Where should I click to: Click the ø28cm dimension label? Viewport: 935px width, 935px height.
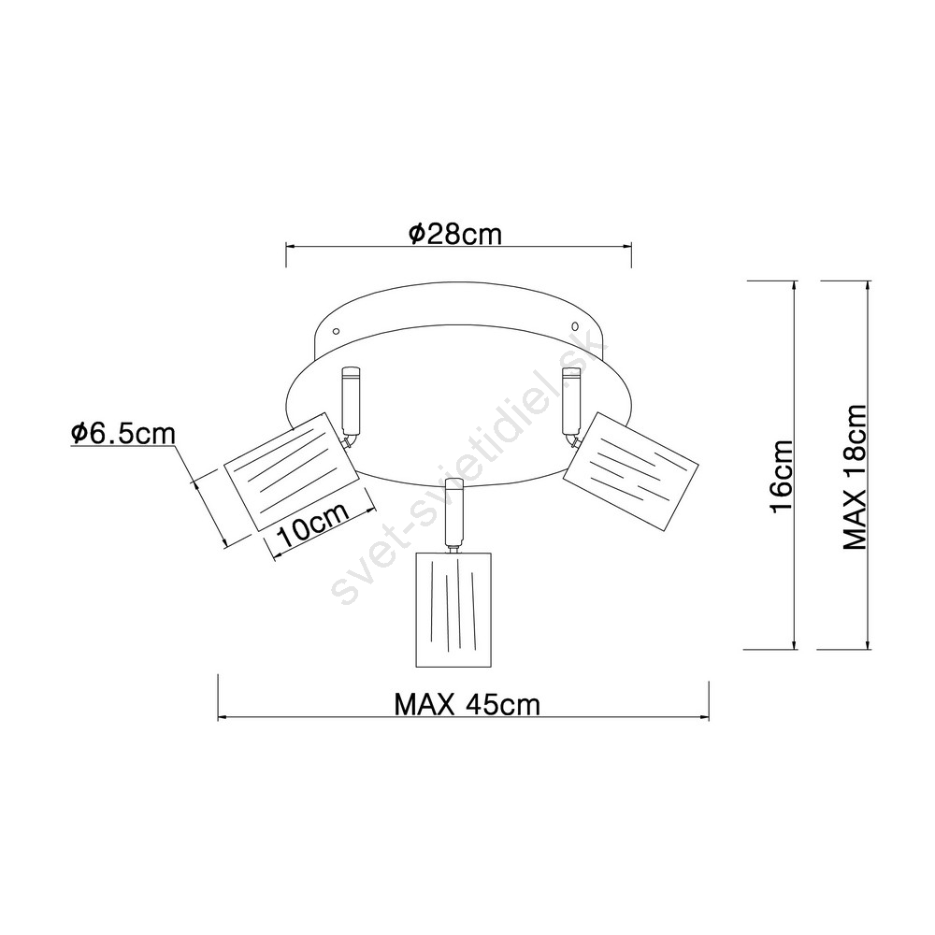(x=455, y=234)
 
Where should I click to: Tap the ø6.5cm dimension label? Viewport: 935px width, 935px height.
(x=123, y=433)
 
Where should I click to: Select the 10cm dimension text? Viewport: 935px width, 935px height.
(x=312, y=525)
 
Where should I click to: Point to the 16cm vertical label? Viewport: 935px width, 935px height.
(x=781, y=476)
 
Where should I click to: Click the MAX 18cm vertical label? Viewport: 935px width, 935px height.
(x=855, y=477)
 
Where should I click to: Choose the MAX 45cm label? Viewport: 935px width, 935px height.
(x=467, y=705)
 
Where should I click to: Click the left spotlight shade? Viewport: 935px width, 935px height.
(x=291, y=471)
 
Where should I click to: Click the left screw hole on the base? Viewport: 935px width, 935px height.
(x=336, y=330)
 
